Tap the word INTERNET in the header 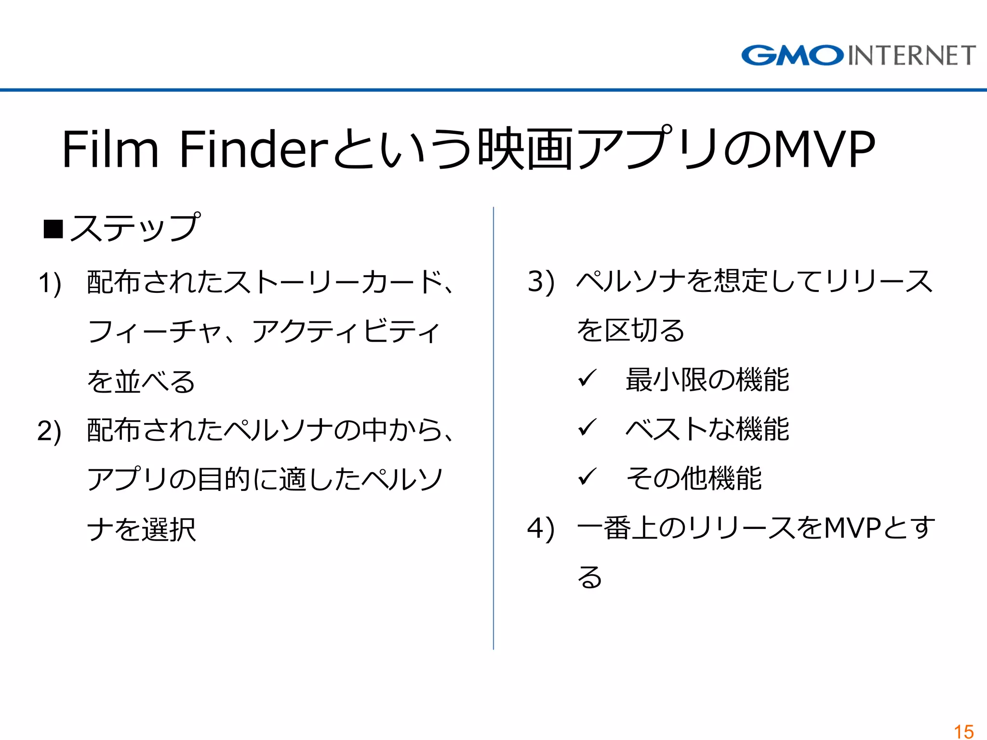[912, 55]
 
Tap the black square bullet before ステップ [53, 229]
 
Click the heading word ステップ [135, 227]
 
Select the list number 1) [50, 283]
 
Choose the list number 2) [50, 431]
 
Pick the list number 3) [541, 281]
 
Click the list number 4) [541, 529]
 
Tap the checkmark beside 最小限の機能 [587, 379]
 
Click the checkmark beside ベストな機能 [587, 428]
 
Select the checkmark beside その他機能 [587, 477]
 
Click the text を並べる [141, 382]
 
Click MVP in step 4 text [853, 528]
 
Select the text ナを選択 [141, 529]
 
